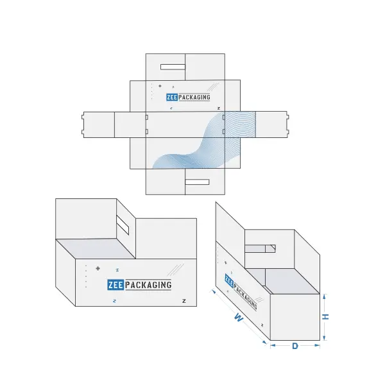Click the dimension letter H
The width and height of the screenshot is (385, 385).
point(325,317)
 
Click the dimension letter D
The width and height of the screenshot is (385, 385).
point(295,346)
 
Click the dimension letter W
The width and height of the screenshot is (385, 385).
point(238,317)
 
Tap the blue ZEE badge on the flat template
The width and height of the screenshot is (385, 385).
point(172,98)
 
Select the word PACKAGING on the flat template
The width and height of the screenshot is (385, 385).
point(194,98)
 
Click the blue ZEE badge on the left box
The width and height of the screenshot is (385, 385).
point(116,285)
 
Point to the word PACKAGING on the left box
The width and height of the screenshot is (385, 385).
point(148,285)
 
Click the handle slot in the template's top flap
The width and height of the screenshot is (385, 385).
point(173,67)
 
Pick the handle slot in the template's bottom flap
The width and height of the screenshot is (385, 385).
point(197,182)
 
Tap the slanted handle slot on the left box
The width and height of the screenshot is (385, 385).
point(123,225)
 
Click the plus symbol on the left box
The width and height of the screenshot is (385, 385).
point(98,268)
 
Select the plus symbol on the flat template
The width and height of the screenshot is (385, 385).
point(160,86)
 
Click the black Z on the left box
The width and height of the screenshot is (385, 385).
point(184,301)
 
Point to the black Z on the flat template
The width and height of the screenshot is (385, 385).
point(219,108)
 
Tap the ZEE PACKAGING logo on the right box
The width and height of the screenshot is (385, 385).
point(241,292)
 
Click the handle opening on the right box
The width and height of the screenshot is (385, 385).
point(260,248)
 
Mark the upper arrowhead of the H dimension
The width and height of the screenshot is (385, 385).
point(324,296)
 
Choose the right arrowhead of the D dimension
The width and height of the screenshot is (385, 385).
point(317,346)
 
